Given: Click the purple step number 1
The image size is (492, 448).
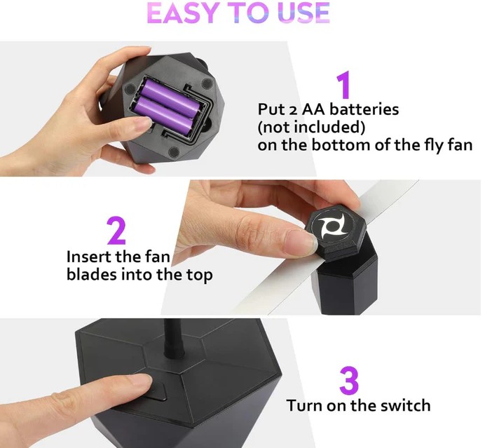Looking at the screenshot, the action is point(343,84).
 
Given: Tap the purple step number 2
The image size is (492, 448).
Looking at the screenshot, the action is point(116,231).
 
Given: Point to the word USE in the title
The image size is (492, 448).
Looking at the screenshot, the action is point(303,13).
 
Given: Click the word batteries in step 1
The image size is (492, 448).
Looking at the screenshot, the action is point(364,109).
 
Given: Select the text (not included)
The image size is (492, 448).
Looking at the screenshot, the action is point(311,128).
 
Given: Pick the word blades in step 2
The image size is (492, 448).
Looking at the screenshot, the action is point(91,275).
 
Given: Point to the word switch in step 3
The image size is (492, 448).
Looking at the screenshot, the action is point(405,405).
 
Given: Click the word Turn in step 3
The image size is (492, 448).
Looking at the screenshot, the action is point(304,406).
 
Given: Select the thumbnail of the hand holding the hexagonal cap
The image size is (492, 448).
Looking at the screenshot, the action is point(301,241).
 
